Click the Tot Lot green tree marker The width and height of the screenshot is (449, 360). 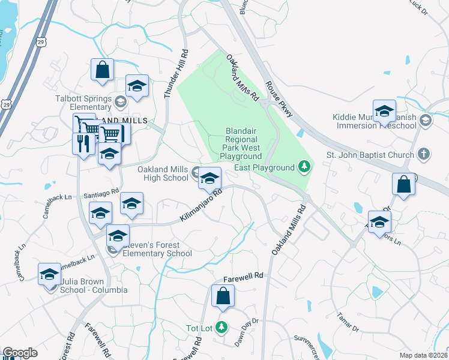222,328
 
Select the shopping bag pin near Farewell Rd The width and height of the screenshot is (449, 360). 223,296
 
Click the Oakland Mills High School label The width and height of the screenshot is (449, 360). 163,173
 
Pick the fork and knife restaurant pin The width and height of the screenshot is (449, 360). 83,144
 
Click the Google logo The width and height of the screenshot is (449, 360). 20,353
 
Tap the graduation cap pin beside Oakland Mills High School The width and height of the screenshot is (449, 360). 209,178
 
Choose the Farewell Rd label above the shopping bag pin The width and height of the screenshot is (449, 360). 244,277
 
